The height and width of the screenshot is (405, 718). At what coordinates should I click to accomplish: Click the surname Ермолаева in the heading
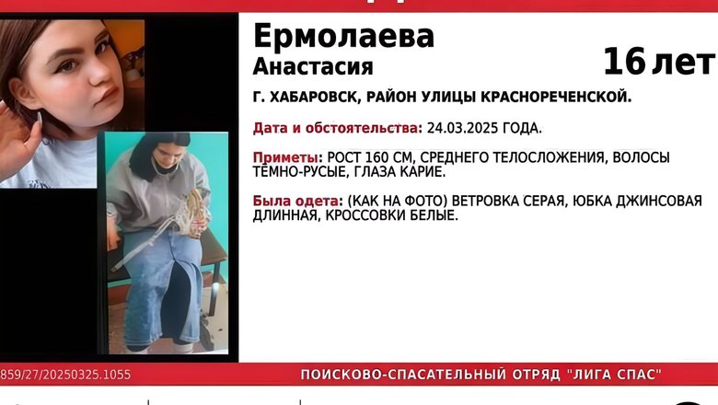pos(343,36)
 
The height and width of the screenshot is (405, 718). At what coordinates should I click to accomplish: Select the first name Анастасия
pos(313,67)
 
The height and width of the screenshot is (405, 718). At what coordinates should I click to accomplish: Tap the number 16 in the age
pos(624,62)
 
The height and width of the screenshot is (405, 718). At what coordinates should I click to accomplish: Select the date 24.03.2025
pos(462,128)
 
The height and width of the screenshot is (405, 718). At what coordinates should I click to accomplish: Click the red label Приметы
pos(287,158)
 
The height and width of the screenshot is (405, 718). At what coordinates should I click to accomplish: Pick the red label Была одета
pos(297,201)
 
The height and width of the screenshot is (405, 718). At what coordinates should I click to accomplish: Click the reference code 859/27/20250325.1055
pos(65,375)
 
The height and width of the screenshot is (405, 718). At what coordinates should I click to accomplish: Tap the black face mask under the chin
pos(164,166)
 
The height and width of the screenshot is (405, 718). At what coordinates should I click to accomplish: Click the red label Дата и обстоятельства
pos(338,128)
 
